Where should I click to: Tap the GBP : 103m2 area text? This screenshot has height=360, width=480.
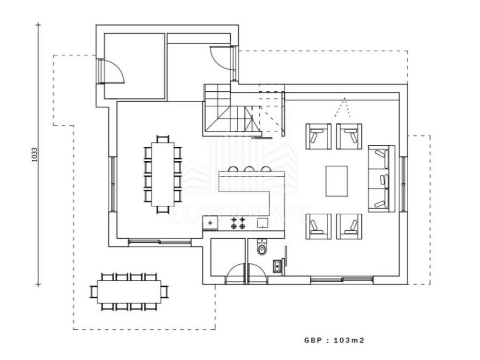[x=334, y=340]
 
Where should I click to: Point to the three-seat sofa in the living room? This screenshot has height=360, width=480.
[x=381, y=179]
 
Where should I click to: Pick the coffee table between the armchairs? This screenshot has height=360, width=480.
[x=337, y=181]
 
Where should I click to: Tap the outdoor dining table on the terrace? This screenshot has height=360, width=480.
[x=129, y=292]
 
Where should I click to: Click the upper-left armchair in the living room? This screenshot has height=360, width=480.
[x=319, y=136]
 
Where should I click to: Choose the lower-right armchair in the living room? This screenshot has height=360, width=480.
[x=349, y=226]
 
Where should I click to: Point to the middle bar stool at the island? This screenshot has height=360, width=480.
[x=249, y=169]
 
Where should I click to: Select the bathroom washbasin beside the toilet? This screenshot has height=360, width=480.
[x=277, y=265]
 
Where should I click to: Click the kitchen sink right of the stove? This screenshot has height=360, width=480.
[x=262, y=222]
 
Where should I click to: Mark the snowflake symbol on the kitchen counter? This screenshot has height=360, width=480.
[x=210, y=223]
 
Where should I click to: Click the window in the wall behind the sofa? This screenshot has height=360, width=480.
[x=403, y=179]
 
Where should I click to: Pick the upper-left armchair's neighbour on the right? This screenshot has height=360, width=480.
[x=349, y=136]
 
